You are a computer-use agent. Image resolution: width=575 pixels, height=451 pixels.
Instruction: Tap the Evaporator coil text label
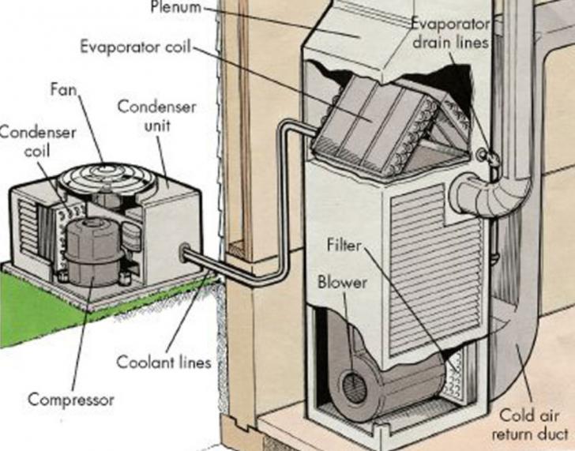tap(135, 45)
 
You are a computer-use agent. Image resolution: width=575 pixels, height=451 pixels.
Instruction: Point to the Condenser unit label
tap(145, 115)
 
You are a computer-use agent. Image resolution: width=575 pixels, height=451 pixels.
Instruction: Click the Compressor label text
tap(71, 399)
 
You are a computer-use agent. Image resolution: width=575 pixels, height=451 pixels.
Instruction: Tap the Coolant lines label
tap(164, 363)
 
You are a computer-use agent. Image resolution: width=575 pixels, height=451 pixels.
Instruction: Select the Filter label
tap(344, 246)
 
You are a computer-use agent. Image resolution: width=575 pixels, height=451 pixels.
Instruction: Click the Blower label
tap(342, 281)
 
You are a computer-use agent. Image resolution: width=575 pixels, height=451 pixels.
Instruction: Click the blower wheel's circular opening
tap(352, 386)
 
